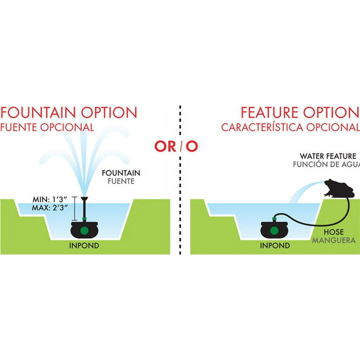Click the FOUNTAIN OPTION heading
coord(69,113)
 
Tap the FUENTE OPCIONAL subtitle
coord(47,127)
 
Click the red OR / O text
coord(176,146)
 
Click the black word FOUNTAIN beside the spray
coord(121,172)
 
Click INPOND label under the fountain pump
coord(84,246)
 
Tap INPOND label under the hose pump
coord(275,246)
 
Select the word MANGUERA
coord(334,240)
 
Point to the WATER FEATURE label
coord(328,156)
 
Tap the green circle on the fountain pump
coord(84,231)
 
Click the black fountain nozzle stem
coord(85,208)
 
